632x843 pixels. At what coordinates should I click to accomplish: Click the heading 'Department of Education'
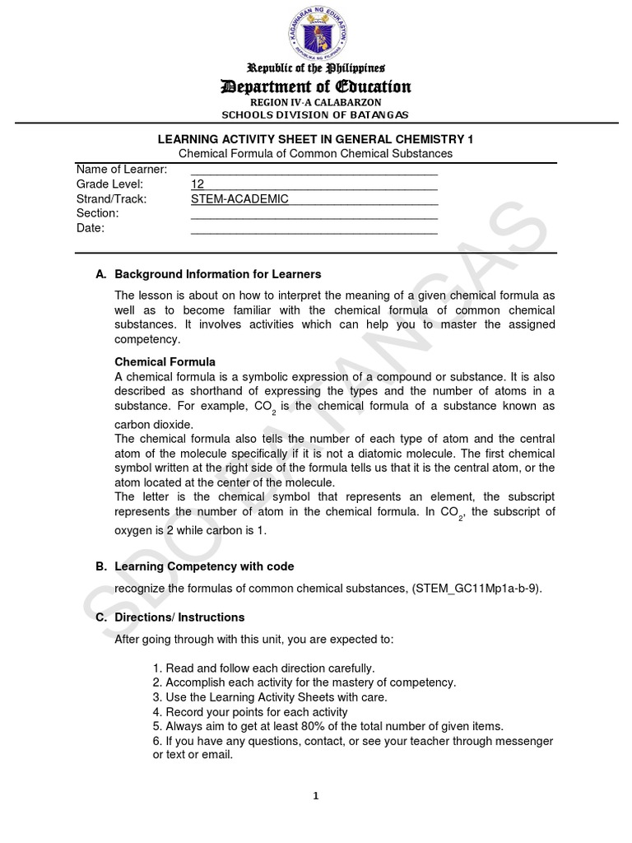pos(315,86)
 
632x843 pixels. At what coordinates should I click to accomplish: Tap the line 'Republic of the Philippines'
pos(315,68)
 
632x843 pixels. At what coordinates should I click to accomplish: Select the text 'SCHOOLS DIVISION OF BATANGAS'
pos(315,114)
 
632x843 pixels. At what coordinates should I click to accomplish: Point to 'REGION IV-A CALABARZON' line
pos(315,101)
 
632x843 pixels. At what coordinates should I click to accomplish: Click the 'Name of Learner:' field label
pos(122,169)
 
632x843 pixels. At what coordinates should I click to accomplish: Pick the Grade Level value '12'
pos(197,184)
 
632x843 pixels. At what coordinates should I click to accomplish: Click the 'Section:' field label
pos(98,213)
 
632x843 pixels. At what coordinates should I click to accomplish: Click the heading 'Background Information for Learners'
pos(218,273)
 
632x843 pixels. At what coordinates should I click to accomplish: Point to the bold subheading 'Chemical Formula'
pos(165,361)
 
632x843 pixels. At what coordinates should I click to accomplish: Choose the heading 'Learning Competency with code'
pos(204,566)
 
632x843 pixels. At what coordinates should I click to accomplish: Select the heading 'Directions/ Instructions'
pos(179,617)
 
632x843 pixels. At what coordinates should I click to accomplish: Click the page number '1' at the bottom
pos(315,795)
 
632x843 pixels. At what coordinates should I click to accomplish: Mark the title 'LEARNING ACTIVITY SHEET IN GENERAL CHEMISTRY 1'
pos(315,139)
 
